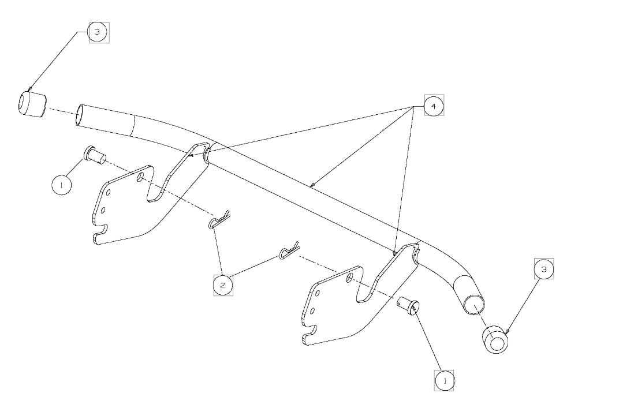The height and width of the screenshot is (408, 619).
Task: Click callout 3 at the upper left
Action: (x=97, y=32)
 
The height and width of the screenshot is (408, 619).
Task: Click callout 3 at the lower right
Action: (x=543, y=269)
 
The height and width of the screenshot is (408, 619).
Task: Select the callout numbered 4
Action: (x=434, y=106)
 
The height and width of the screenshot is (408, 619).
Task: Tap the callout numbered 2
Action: (x=223, y=285)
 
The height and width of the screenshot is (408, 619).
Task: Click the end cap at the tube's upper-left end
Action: (x=31, y=104)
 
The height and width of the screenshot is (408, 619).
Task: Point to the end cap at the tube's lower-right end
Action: (x=496, y=339)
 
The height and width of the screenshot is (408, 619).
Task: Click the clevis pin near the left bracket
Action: (x=94, y=155)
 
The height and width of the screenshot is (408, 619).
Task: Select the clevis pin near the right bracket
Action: (x=409, y=304)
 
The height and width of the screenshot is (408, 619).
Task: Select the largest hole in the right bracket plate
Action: (x=349, y=278)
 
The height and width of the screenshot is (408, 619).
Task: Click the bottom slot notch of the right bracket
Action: (x=312, y=333)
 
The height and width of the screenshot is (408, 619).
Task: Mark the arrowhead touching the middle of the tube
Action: (x=312, y=185)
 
